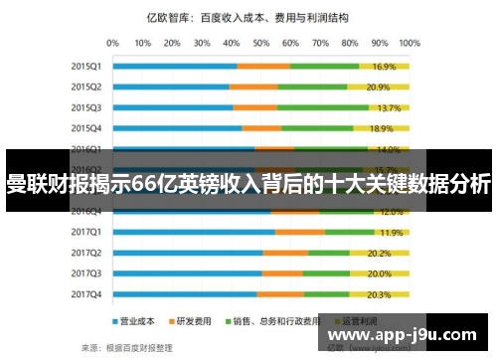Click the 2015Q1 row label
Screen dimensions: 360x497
tap(85, 66)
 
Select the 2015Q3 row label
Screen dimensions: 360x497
tap(85, 107)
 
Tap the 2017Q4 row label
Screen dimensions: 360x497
tap(85, 294)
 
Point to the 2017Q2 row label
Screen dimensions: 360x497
tap(85, 253)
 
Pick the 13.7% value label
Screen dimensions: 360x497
tap(389, 107)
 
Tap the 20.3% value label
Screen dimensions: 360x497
tap(379, 294)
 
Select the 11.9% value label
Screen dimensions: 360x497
tap(391, 232)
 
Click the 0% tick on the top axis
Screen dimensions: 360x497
tap(112, 43)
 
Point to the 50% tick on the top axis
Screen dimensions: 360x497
tap(261, 43)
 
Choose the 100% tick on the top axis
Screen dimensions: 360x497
tap(408, 43)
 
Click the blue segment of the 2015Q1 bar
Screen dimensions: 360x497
tap(174, 66)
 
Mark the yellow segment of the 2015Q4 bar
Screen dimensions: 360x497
tap(381, 128)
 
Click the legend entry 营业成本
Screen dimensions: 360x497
tap(137, 322)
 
